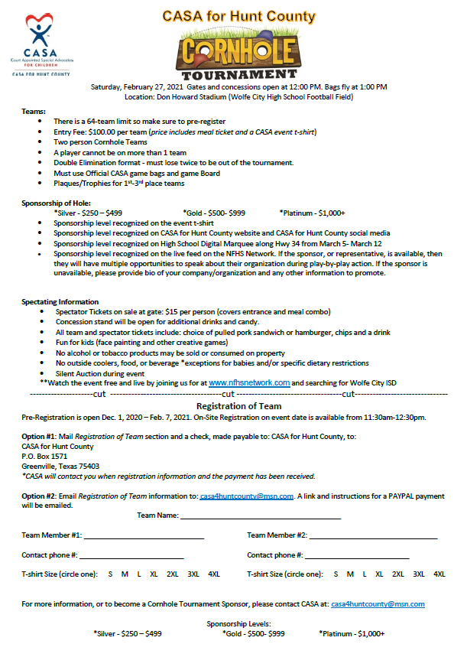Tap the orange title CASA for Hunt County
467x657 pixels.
click(x=239, y=15)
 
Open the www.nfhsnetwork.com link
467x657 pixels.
click(x=249, y=382)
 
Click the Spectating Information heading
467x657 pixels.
click(x=60, y=302)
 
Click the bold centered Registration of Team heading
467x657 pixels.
click(x=238, y=406)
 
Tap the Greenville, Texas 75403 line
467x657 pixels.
click(x=60, y=466)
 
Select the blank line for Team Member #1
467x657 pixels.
click(x=144, y=535)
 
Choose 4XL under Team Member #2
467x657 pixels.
click(x=439, y=574)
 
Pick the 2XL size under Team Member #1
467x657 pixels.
click(x=173, y=574)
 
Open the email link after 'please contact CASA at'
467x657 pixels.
click(x=378, y=604)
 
